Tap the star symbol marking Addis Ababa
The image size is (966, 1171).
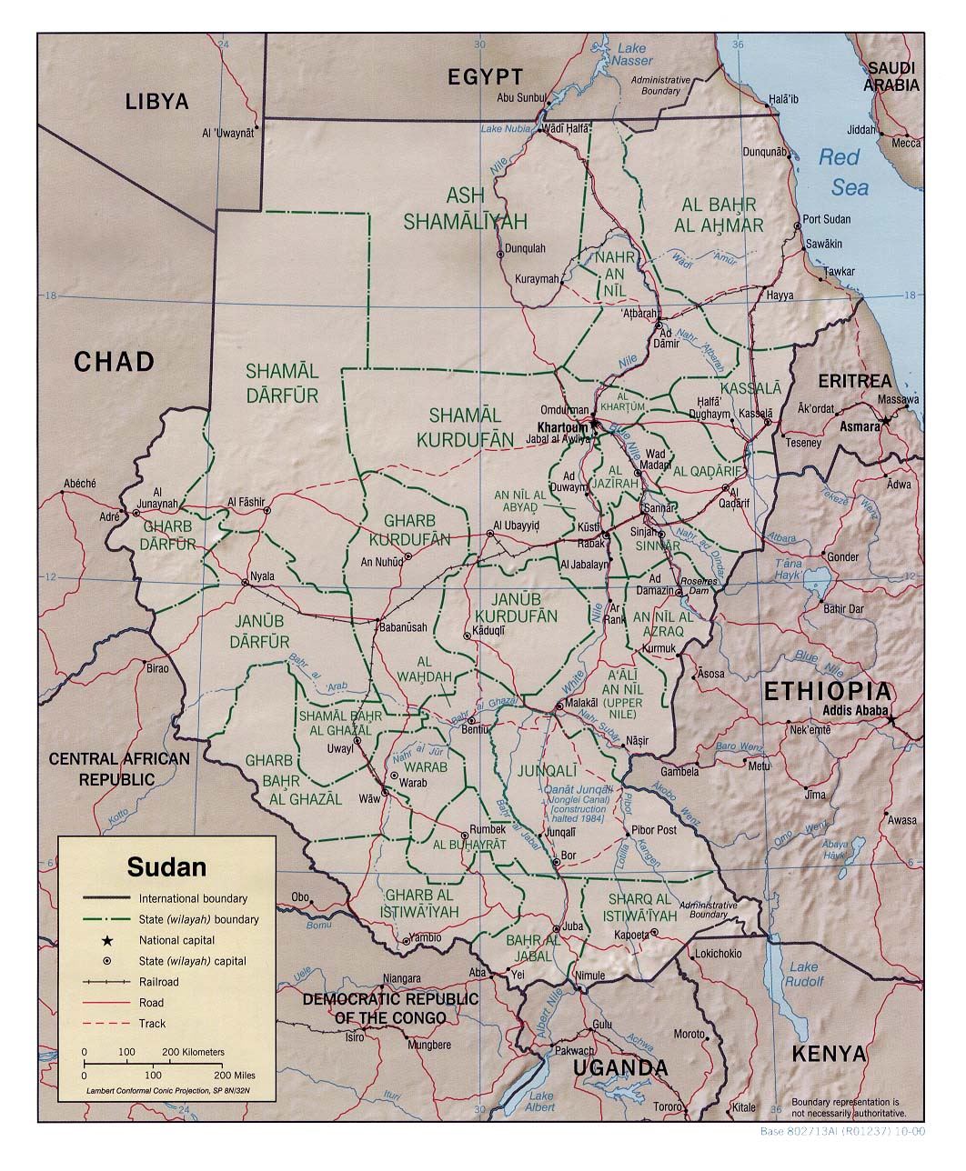(x=892, y=720)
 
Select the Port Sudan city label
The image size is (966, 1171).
(x=827, y=219)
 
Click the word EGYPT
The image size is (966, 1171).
(x=485, y=77)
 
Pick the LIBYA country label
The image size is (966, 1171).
(x=156, y=101)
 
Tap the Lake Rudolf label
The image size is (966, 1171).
(x=805, y=974)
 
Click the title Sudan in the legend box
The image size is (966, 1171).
(x=166, y=866)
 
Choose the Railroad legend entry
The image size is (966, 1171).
(x=158, y=982)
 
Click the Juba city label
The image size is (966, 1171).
(x=573, y=927)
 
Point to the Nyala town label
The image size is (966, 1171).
(x=262, y=575)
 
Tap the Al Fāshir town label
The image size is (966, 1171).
(x=245, y=501)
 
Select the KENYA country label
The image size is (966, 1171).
(x=828, y=1054)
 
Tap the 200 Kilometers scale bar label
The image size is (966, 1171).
(x=193, y=1052)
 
